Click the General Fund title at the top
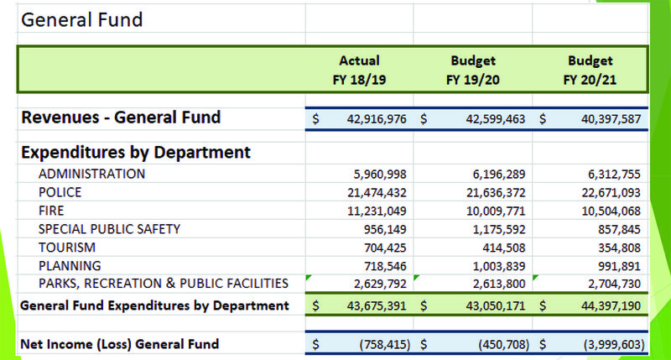[x=81, y=19]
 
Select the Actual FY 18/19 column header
[x=359, y=69]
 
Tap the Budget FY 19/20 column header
[x=473, y=69]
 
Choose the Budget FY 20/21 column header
[x=590, y=69]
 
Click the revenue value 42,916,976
[x=377, y=119]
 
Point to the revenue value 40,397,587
[x=608, y=119]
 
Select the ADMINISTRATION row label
[x=91, y=174]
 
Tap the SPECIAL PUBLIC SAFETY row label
[x=109, y=228]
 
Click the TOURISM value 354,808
[x=619, y=247]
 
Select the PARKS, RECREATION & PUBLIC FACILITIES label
[x=164, y=283]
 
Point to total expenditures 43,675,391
[x=377, y=306]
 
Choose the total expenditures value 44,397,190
[x=609, y=306]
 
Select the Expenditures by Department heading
[x=135, y=153]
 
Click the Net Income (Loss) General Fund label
[x=119, y=343]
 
